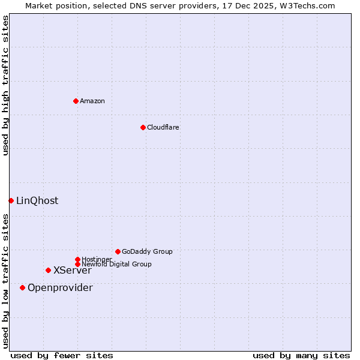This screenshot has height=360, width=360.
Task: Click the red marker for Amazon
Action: (76, 101)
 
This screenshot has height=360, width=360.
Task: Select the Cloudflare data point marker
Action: (143, 127)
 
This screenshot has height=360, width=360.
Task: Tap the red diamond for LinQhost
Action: (11, 200)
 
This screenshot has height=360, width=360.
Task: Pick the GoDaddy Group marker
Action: (118, 251)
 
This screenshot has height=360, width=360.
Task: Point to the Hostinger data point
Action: (77, 259)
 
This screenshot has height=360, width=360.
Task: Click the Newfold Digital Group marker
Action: (77, 264)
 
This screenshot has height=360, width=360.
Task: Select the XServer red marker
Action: (48, 270)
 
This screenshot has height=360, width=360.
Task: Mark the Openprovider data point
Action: (22, 287)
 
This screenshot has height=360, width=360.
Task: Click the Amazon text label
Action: (92, 101)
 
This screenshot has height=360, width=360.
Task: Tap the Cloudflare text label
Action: (163, 127)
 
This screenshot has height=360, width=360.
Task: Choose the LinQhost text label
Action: (37, 200)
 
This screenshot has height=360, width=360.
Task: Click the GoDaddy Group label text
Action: (147, 251)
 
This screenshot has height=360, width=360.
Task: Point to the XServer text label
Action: (73, 270)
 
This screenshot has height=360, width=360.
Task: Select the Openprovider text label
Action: (60, 287)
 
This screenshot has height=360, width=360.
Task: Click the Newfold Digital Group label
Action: (116, 264)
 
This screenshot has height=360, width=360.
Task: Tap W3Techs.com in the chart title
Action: (305, 5)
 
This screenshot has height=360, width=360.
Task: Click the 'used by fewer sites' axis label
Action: (62, 355)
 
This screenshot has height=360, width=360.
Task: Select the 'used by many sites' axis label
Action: (301, 355)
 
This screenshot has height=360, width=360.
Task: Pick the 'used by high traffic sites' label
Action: (5, 85)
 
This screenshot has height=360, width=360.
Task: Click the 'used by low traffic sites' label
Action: (5, 281)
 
